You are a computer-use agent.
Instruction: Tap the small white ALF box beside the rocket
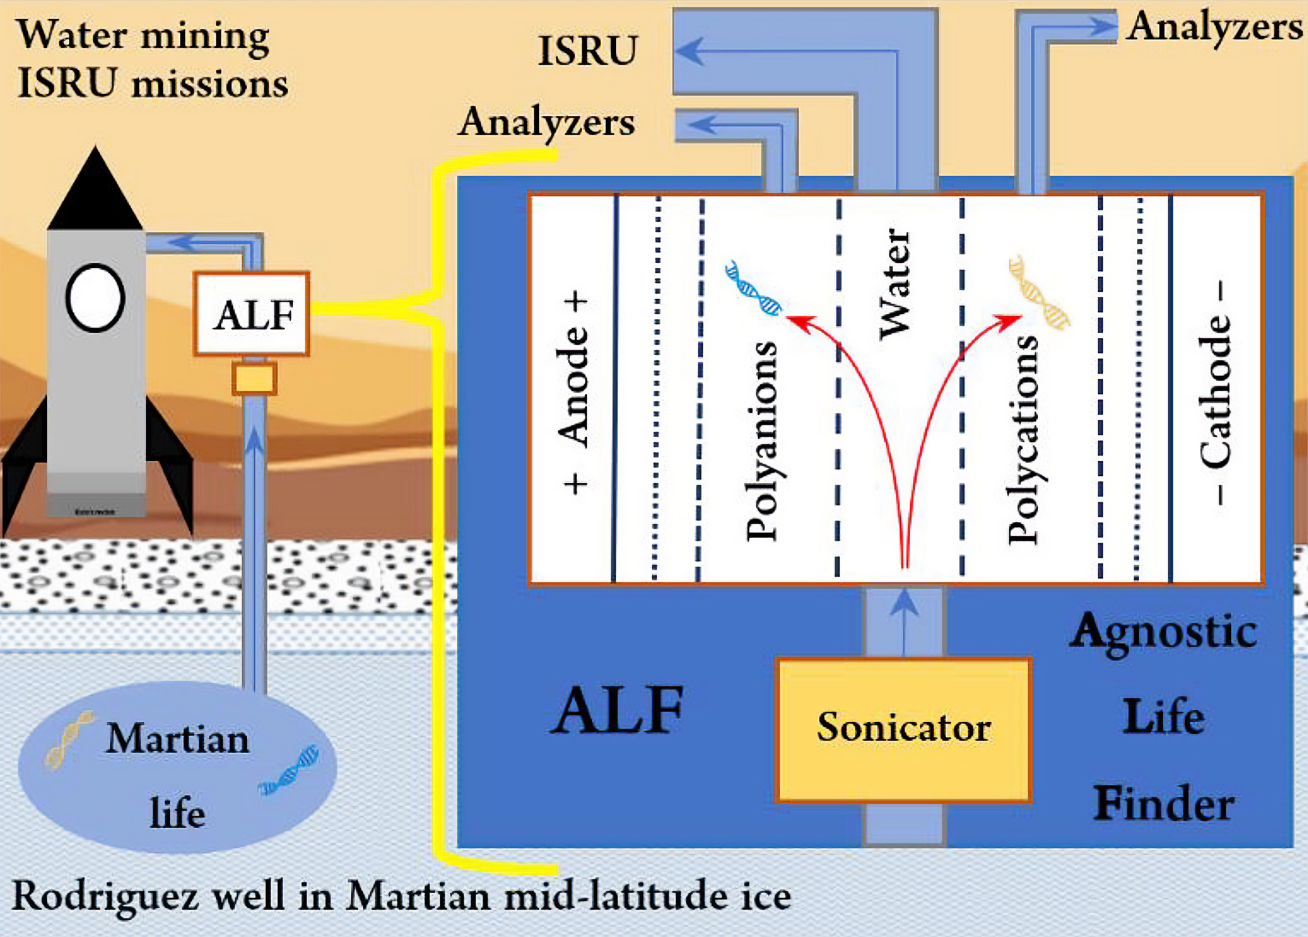252,314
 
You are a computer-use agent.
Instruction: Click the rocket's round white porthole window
95,298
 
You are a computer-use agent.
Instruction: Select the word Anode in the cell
573,385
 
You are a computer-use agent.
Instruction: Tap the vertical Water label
895,284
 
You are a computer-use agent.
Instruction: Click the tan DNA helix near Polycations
1039,293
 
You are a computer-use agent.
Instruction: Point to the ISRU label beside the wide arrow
587,50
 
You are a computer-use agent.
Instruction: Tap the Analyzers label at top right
1214,28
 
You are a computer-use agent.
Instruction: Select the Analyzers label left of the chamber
547,122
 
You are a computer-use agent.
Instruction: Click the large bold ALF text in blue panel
617,711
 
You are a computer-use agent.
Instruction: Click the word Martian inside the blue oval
178,739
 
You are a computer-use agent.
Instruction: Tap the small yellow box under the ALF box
254,378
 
